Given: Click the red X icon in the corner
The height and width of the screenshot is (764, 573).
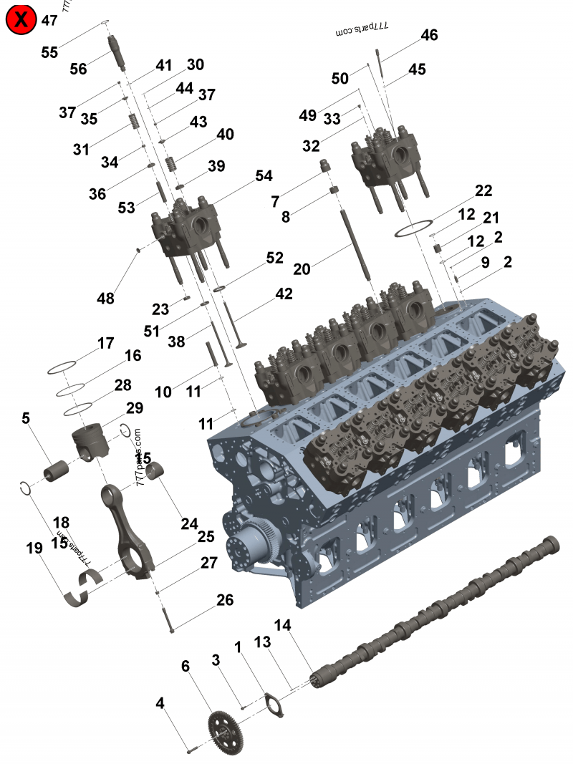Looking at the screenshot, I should click(21, 20).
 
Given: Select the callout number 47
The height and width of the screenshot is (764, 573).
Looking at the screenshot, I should click(49, 20).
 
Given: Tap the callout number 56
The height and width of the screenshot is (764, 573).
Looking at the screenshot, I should click(78, 69).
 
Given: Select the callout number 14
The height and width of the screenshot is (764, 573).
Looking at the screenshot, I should click(282, 625).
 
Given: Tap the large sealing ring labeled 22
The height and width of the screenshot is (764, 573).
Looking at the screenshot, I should click(415, 229).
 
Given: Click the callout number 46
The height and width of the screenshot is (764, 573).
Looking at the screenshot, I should click(429, 35).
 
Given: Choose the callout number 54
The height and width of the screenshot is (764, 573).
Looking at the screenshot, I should click(264, 176).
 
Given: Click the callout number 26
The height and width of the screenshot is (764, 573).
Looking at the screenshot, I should click(225, 600).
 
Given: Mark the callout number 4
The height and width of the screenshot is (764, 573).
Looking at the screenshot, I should click(160, 704).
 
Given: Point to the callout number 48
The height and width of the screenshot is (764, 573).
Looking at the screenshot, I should click(106, 299).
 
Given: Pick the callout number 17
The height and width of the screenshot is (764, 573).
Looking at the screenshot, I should click(106, 344).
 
